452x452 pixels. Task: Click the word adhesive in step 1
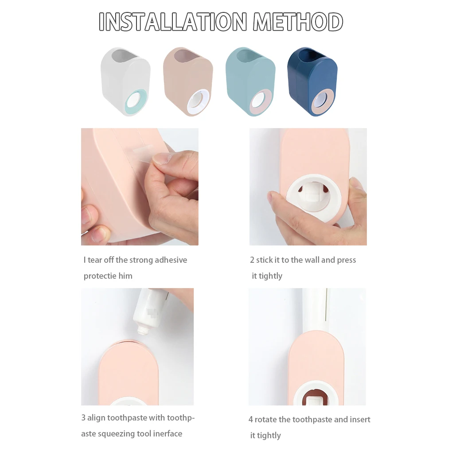(170, 260)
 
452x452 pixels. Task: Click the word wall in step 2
(312, 260)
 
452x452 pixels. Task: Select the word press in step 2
(346, 260)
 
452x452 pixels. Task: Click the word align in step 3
(97, 418)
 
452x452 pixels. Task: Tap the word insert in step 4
(360, 420)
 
